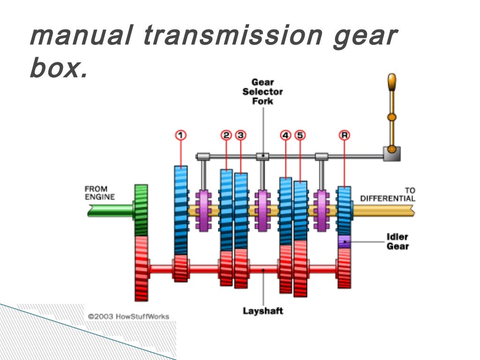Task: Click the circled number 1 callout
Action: pos(181,135)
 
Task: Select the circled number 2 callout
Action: pos(226,135)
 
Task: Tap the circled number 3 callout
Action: pos(240,135)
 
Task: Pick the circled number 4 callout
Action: pos(285,135)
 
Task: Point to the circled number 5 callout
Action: pos(300,135)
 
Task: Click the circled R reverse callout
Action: pos(345,135)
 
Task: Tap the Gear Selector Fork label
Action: pos(262,91)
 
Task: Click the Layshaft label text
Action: pos(263,310)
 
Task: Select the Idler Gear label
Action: pos(397,241)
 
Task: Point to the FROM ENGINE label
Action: pos(99,193)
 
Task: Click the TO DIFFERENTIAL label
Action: pos(388,195)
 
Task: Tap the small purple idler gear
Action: pos(344,241)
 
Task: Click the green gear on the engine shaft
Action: pos(141,210)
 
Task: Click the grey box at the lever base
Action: pos(391,153)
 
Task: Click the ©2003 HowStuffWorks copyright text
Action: pos(128,316)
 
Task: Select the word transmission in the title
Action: pos(232,36)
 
